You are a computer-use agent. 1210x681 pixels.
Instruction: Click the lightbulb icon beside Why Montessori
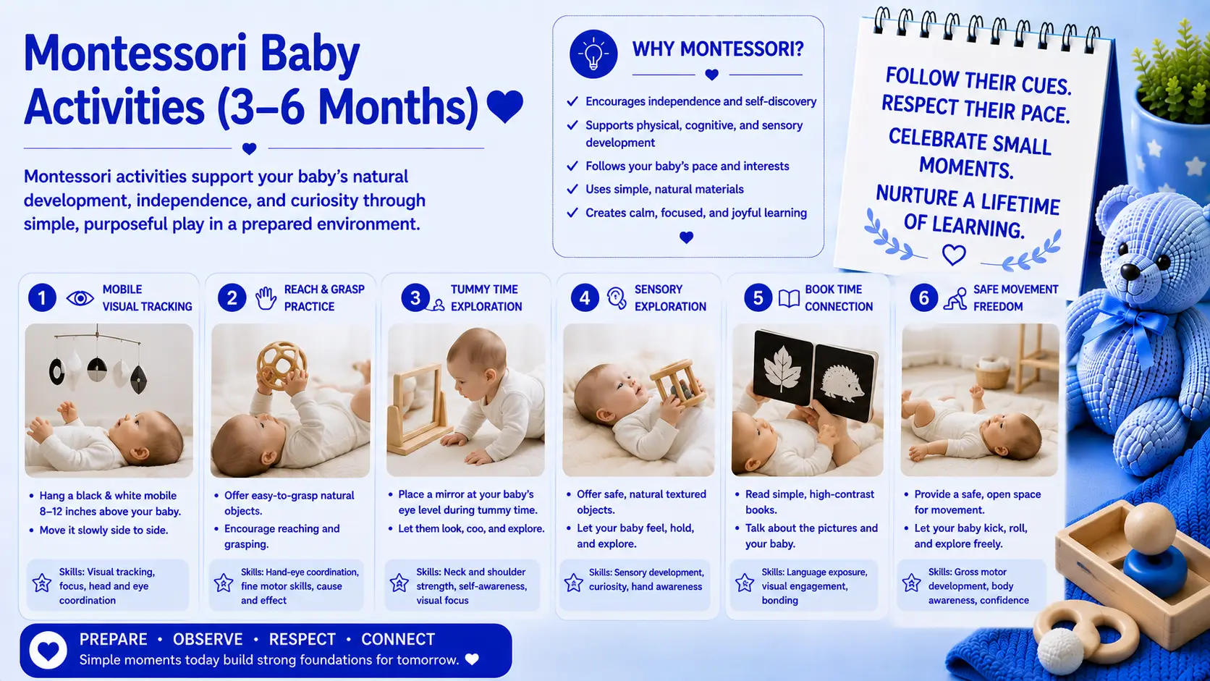pos(593,54)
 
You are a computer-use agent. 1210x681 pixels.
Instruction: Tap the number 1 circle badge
pos(42,297)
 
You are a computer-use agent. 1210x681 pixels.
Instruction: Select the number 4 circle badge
pos(585,297)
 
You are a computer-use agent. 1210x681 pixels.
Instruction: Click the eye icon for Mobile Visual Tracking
pos(80,298)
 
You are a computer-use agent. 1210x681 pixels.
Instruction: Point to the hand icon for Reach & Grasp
pos(266,298)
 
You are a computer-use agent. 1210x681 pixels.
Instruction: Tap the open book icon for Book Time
pos(790,298)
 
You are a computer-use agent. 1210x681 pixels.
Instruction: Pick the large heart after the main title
pos(505,106)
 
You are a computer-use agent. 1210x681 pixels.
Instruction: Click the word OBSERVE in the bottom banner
pos(208,640)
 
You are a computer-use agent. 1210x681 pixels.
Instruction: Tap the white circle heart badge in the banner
pos(48,651)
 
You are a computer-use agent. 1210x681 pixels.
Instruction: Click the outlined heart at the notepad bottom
pos(953,254)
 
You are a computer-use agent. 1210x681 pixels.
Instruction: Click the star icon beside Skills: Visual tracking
pos(42,583)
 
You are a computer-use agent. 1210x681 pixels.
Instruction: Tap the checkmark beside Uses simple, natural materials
pos(572,189)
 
